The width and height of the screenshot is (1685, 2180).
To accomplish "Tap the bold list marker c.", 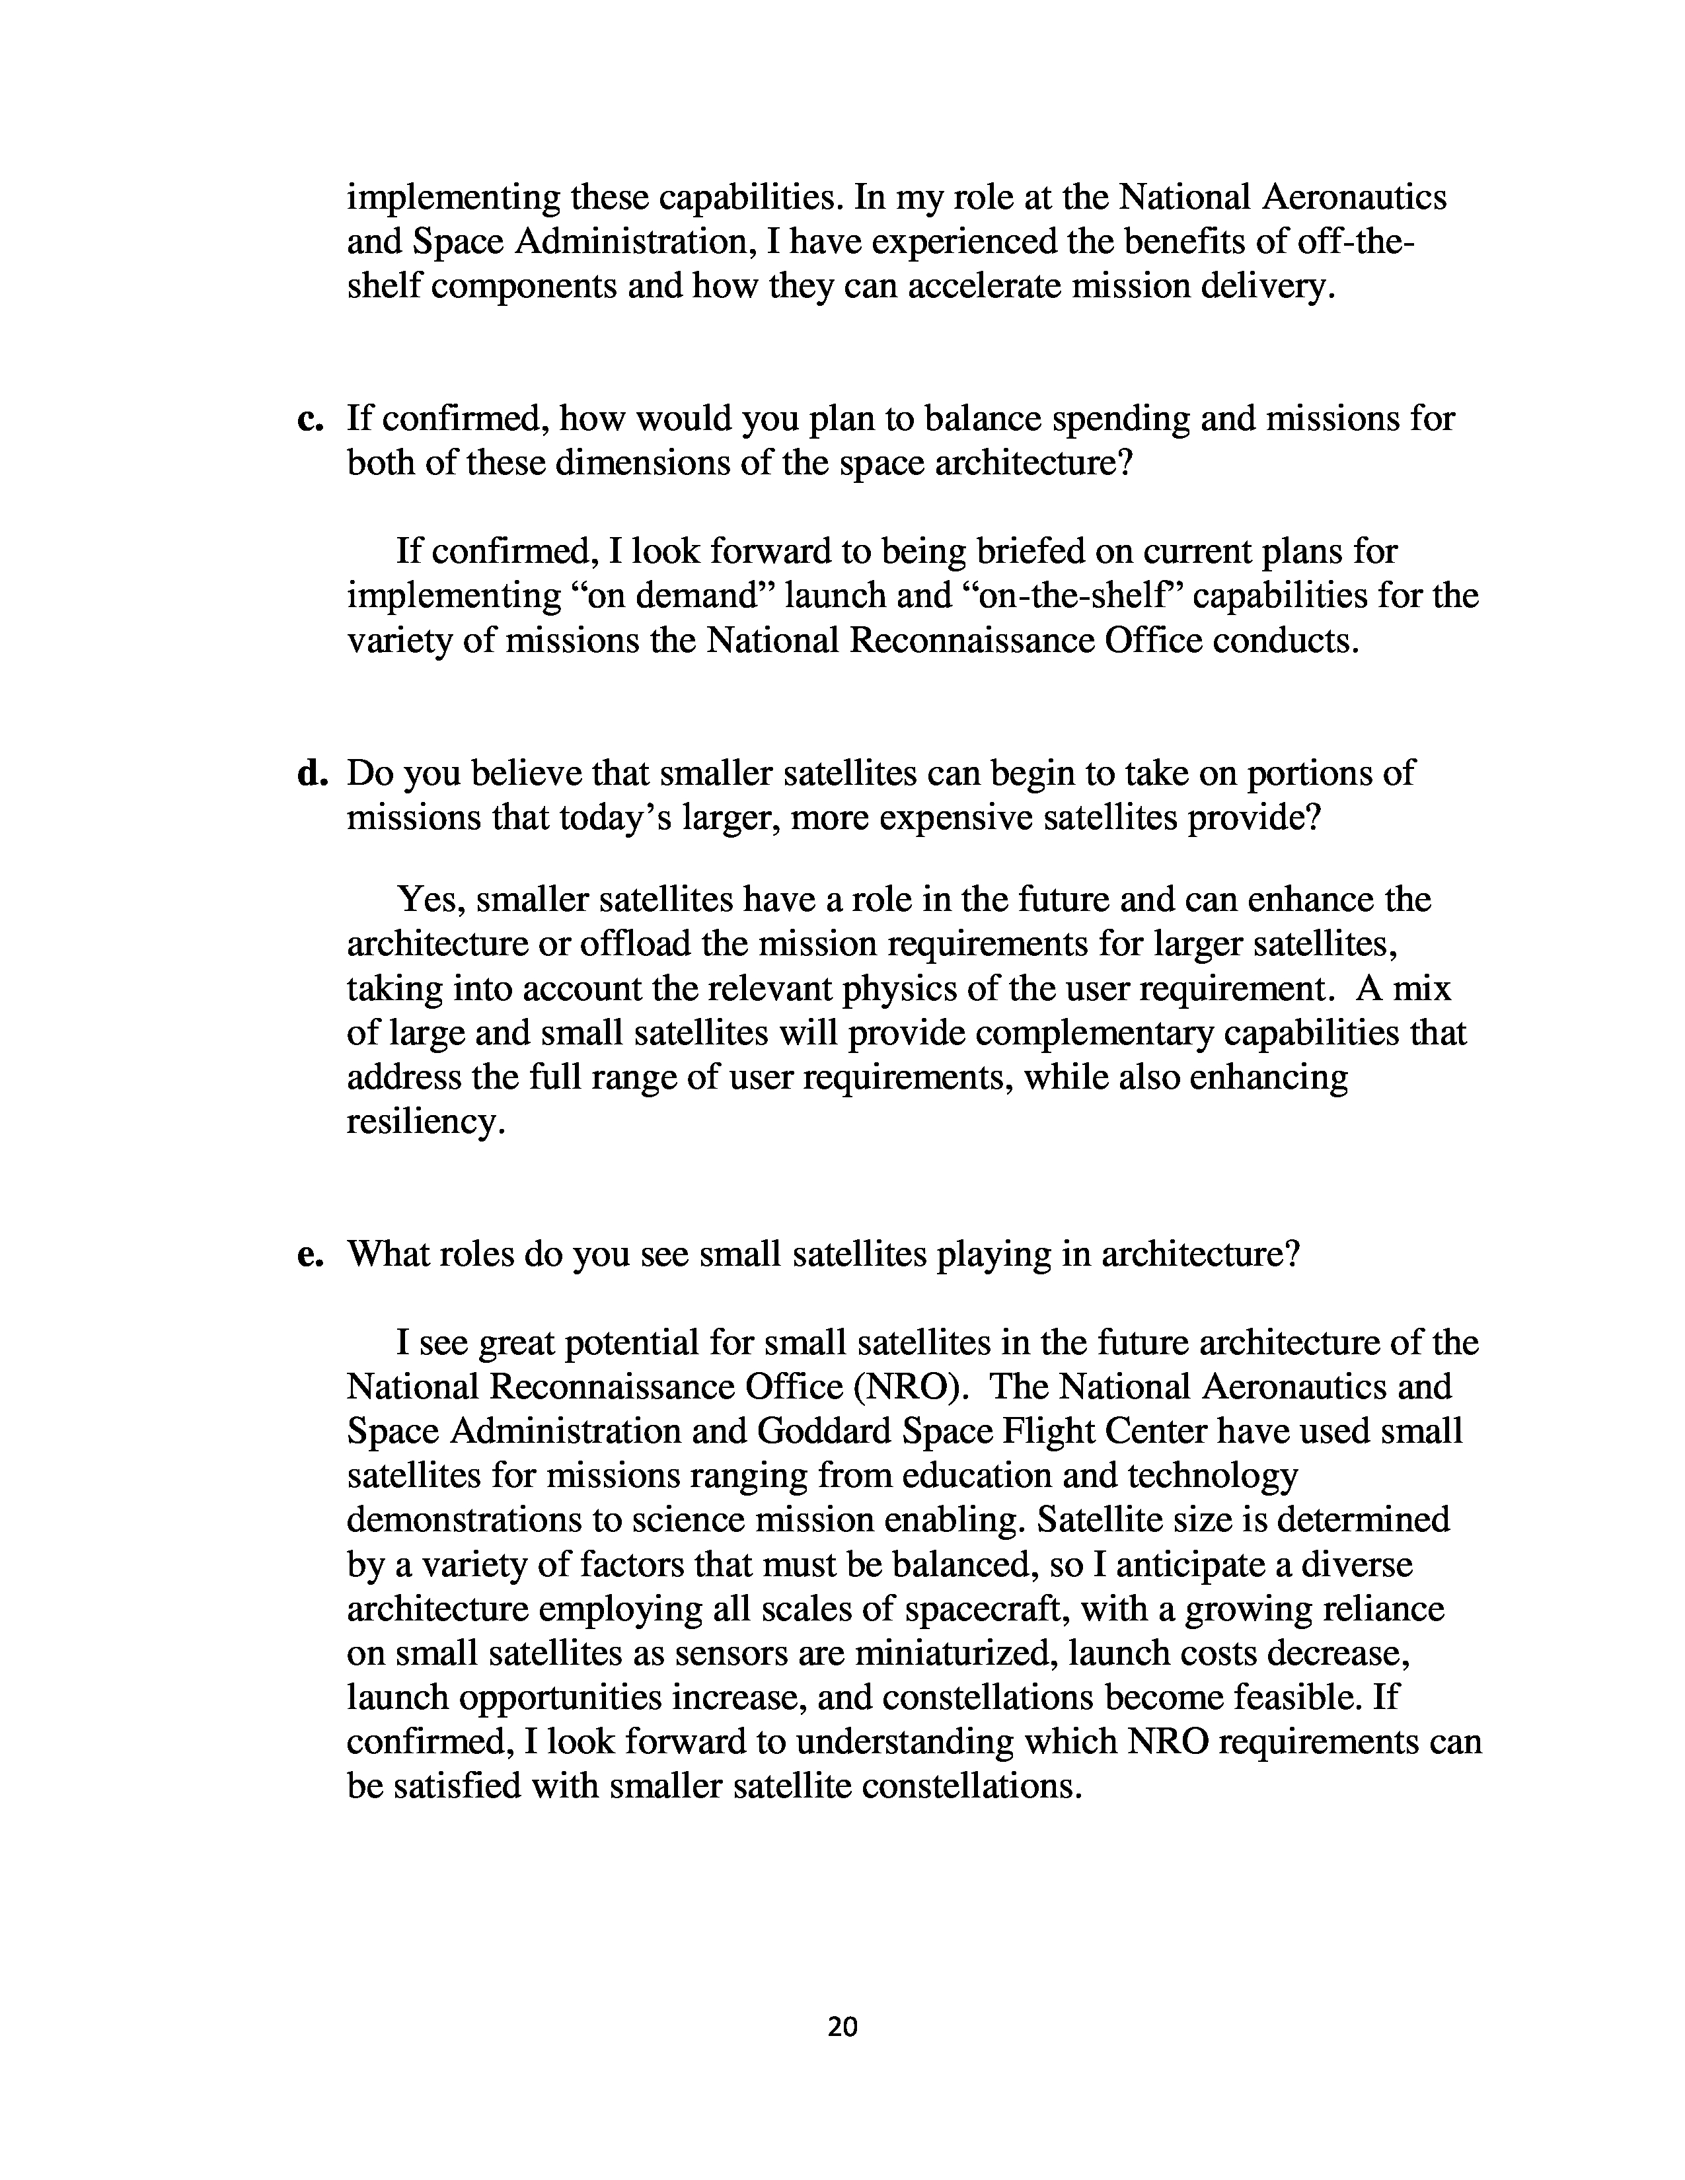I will (311, 419).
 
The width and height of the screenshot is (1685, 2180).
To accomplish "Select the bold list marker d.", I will (313, 774).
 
